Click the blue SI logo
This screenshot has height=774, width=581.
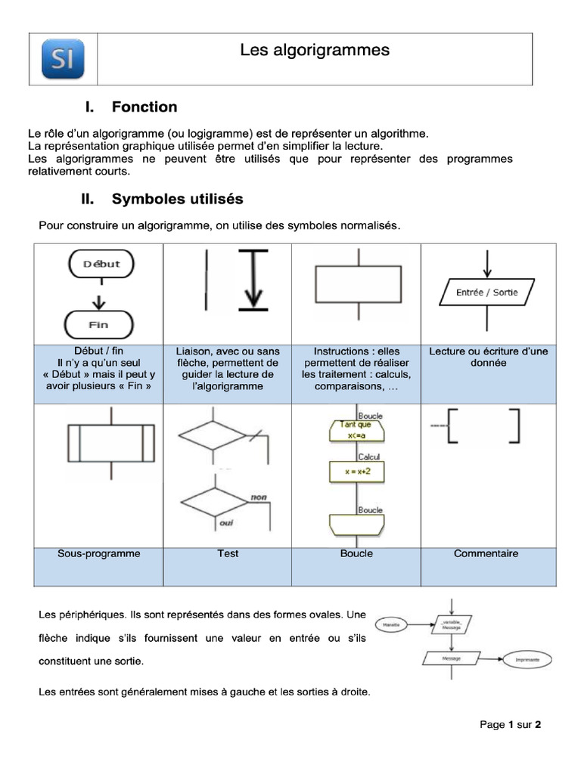(63, 59)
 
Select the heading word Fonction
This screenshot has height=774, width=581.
(144, 107)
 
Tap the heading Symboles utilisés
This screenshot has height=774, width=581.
(177, 200)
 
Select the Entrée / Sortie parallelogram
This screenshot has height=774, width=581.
(487, 292)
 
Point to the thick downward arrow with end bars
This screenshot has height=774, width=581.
(253, 280)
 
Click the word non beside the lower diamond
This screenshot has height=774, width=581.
(259, 497)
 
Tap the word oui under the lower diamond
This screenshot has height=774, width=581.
(226, 522)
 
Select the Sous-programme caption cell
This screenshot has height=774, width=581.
(98, 553)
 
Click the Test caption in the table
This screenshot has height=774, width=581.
(228, 553)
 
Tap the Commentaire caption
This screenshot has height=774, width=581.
(486, 553)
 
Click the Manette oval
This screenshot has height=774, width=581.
(392, 626)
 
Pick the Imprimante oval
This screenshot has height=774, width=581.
(527, 659)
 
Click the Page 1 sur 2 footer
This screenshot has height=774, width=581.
(511, 724)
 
